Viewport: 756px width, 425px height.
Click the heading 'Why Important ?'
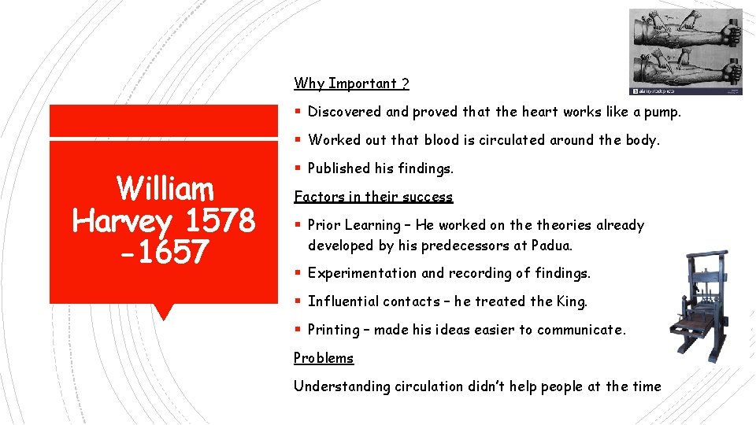pos(351,83)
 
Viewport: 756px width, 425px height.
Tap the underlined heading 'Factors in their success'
pos(373,197)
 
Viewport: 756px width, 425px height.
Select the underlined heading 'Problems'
pos(324,358)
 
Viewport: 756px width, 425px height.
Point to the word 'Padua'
pos(550,246)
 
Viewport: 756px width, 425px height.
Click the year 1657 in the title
pos(170,253)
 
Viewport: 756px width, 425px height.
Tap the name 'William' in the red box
pos(165,189)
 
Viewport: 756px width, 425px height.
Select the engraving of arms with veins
pos(685,51)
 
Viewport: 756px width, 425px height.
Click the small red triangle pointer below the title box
pos(164,312)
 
